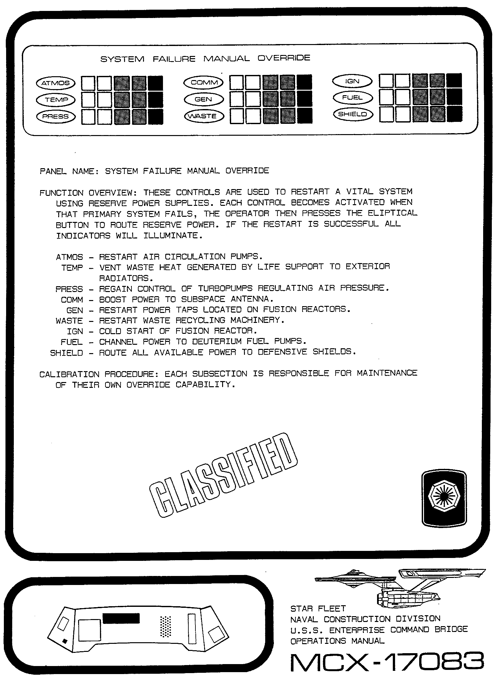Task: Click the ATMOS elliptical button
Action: pos(56,83)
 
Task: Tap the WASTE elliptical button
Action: pos(203,116)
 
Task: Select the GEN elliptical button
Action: pos(203,99)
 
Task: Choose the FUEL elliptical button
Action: pos(353,97)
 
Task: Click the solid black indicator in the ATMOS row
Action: pos(156,83)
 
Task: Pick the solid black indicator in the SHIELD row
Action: pos(455,114)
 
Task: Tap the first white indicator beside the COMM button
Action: pos(237,82)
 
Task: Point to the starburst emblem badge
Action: pos(444,498)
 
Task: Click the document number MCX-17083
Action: pos(387,662)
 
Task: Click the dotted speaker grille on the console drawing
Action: pos(166,627)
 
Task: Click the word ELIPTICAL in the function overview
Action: pos(392,213)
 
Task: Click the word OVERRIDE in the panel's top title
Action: pos(284,58)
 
